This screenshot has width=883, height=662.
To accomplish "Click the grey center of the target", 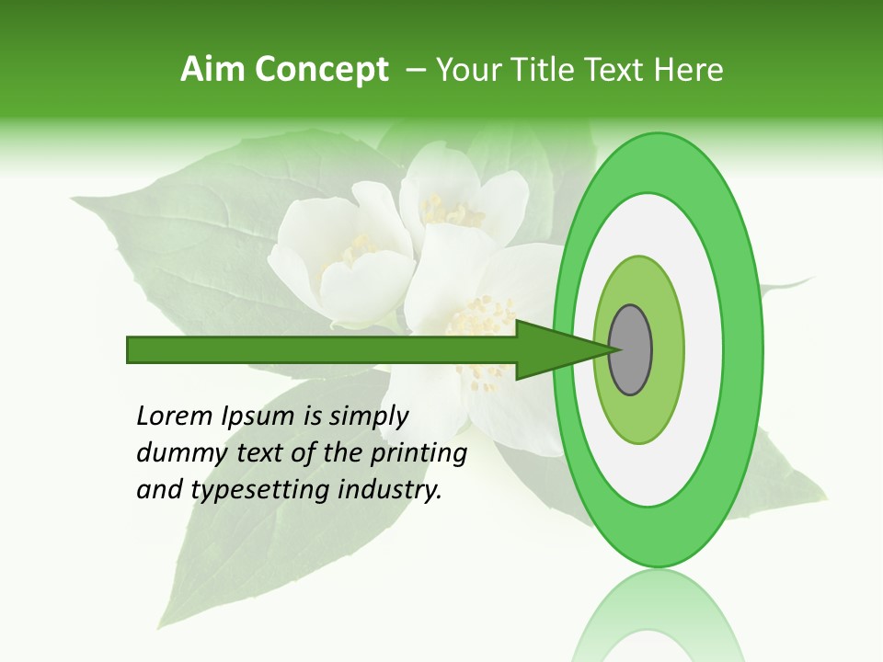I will coord(630,349).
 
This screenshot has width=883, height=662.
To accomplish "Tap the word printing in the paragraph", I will coord(418,454).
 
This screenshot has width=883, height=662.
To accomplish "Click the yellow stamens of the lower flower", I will coord(478,322).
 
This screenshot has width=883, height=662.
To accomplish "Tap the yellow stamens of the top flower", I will coord(451,213).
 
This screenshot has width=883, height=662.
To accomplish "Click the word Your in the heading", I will coord(464,70).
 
